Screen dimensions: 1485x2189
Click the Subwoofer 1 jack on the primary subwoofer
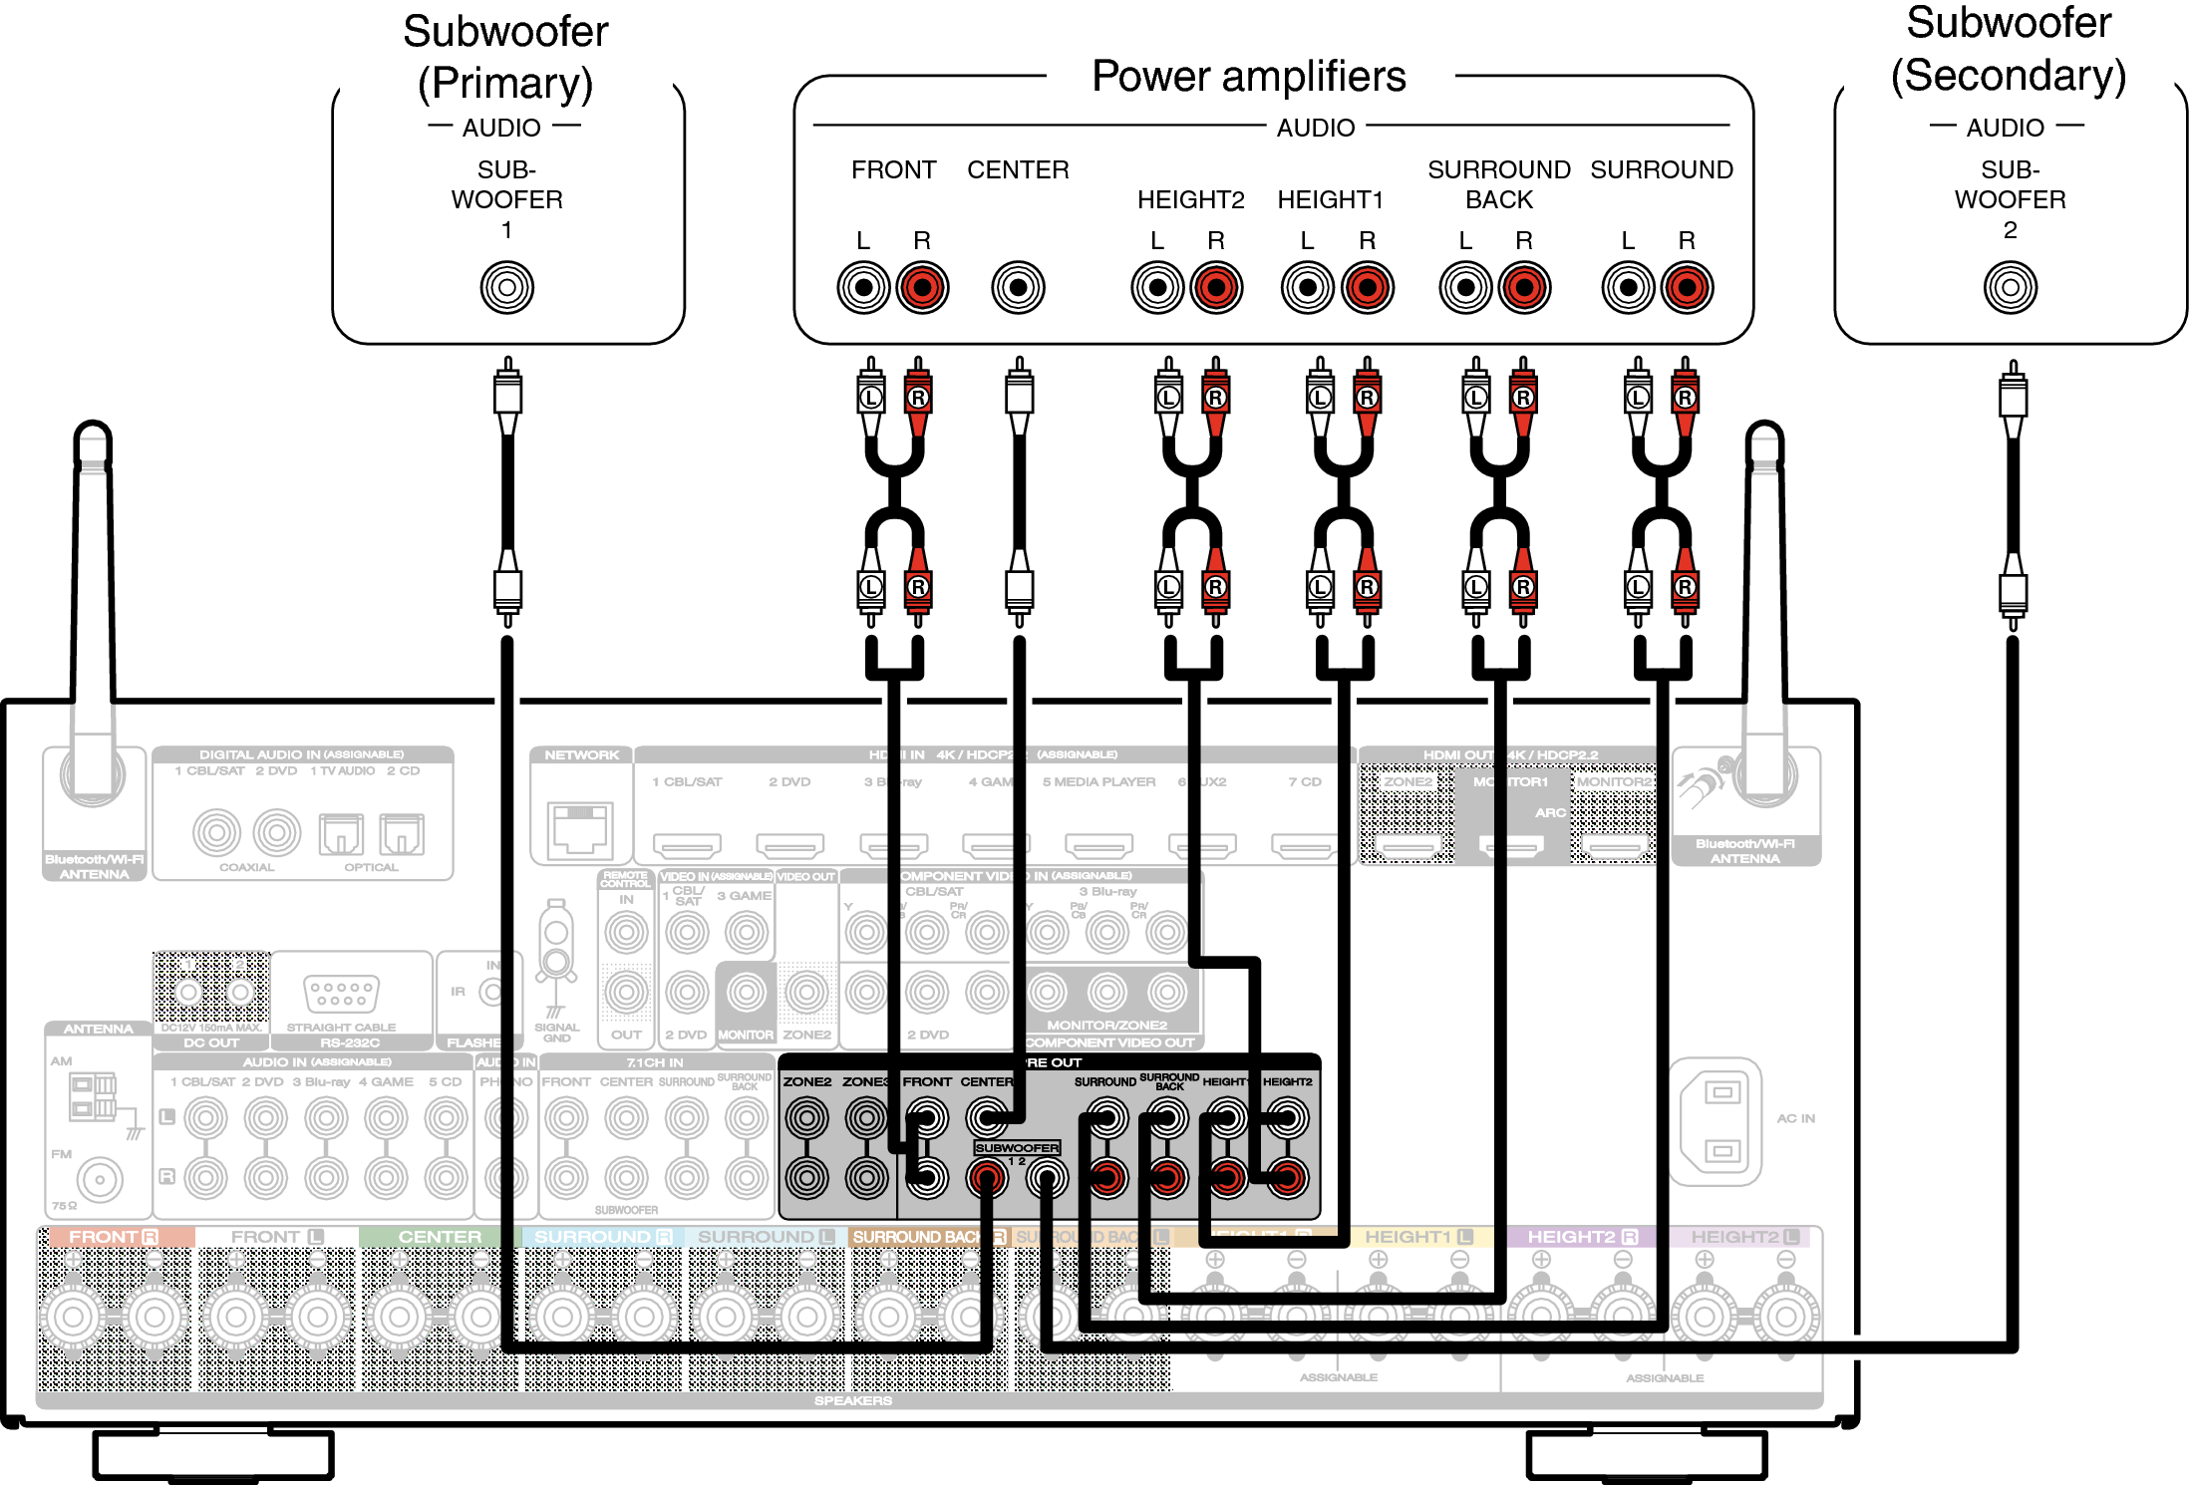point(506,287)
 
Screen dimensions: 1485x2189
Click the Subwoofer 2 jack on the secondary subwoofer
point(2010,287)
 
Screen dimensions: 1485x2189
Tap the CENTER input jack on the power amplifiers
point(1018,287)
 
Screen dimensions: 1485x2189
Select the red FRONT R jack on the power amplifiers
point(922,287)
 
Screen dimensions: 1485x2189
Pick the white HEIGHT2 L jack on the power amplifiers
point(1157,287)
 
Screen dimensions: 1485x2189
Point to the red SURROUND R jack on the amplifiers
point(1687,287)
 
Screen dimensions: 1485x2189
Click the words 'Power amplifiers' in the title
point(1248,77)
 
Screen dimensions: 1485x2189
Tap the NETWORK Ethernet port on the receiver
point(579,828)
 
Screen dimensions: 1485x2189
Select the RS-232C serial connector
point(341,993)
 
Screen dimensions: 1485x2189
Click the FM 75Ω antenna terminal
point(99,1179)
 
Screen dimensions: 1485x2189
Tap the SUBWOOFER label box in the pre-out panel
point(1017,1147)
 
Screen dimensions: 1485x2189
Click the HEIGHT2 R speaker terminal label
point(1582,1236)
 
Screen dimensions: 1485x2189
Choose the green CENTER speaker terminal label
point(440,1236)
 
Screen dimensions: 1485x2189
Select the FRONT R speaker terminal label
point(114,1236)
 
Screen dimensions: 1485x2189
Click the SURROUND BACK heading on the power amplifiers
point(1498,184)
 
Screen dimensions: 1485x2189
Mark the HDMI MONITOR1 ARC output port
point(1511,846)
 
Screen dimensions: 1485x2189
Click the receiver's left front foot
point(213,1455)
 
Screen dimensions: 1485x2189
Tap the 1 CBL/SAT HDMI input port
point(687,846)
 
